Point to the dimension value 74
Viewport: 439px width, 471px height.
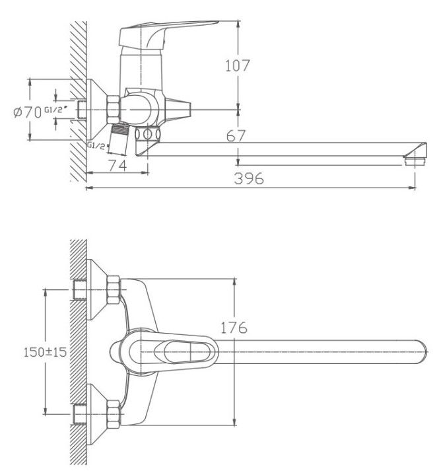coord(117,164)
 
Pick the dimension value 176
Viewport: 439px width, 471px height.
coord(233,327)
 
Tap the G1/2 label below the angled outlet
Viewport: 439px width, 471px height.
coord(96,145)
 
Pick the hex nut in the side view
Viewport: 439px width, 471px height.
coord(114,108)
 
